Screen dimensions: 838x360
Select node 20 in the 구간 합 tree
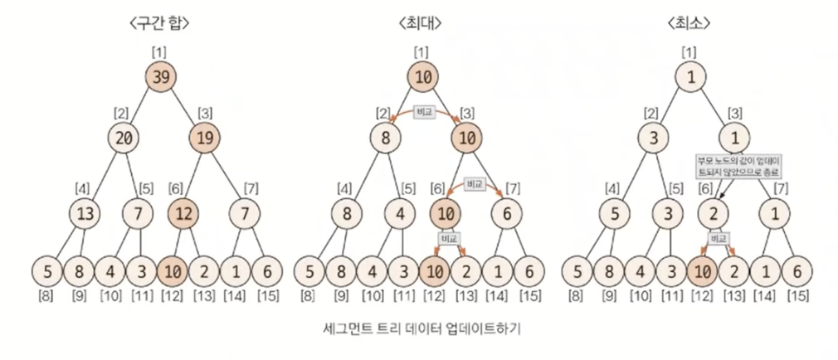(x=124, y=139)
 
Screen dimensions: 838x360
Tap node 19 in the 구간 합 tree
(x=208, y=139)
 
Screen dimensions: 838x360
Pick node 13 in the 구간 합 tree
(x=85, y=214)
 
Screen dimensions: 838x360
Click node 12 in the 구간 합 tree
(x=185, y=214)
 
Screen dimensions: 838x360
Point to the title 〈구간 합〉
(x=160, y=22)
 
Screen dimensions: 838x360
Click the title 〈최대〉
(x=424, y=22)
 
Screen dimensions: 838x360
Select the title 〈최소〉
(x=688, y=22)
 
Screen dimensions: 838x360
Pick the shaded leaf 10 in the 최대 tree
(x=434, y=271)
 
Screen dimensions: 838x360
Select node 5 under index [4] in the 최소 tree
(x=610, y=214)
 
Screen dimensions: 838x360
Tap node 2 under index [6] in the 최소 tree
(x=714, y=214)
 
